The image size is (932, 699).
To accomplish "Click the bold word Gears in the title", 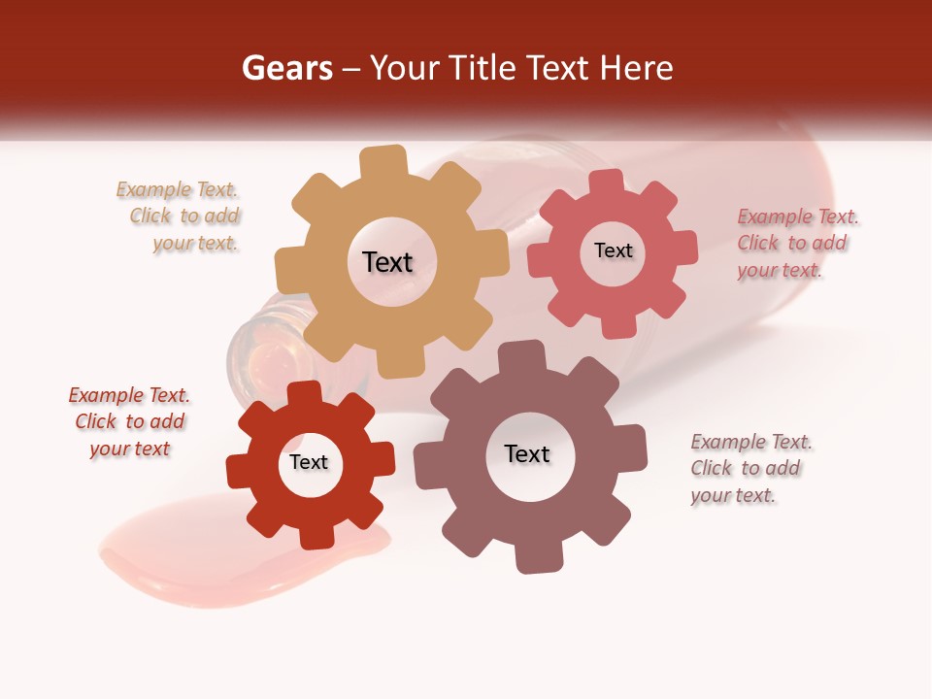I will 286,68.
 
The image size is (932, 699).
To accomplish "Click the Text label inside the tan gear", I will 387,262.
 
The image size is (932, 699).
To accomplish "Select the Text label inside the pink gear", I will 613,250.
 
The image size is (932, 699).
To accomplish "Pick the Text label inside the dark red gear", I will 309,462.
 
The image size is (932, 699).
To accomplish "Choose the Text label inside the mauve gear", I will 527,453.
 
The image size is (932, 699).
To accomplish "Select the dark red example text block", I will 129,421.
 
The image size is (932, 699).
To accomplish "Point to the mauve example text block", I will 749,468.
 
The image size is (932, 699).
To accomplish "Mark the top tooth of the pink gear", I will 607,182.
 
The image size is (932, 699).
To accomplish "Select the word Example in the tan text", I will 153,190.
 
